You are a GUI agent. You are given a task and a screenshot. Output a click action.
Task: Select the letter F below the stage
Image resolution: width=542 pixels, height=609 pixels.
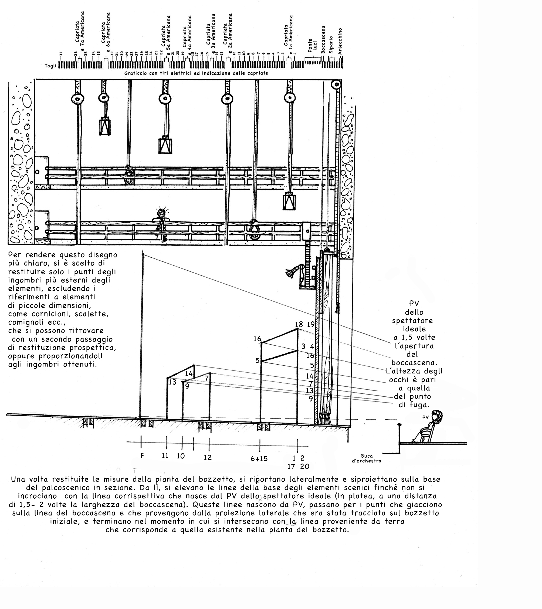pyautogui.click(x=143, y=455)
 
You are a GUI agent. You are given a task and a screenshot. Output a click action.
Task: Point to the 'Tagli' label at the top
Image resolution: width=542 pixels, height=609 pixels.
pyautogui.click(x=50, y=66)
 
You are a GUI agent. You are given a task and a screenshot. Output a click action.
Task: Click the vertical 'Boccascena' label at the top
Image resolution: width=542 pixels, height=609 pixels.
pyautogui.click(x=323, y=39)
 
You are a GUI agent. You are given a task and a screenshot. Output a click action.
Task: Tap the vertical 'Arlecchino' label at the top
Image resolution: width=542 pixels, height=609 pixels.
pyautogui.click(x=340, y=41)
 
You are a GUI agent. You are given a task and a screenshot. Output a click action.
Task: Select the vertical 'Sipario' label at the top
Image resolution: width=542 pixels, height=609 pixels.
pyautogui.click(x=331, y=45)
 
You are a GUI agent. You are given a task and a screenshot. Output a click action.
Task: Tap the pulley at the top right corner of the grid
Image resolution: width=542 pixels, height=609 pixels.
pyautogui.click(x=336, y=85)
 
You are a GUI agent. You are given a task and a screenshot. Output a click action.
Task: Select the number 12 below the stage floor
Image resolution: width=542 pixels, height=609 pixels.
pyautogui.click(x=208, y=457)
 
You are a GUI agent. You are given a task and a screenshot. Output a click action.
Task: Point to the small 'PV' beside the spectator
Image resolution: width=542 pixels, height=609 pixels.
pyautogui.click(x=425, y=417)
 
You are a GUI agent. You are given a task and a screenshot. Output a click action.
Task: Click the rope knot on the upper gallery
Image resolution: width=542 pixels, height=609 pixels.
pyautogui.click(x=129, y=175)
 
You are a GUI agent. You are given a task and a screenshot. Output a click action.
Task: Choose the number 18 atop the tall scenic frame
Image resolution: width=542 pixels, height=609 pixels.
pyautogui.click(x=299, y=324)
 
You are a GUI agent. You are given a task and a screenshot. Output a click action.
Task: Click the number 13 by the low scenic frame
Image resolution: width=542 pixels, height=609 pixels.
pyautogui.click(x=172, y=382)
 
